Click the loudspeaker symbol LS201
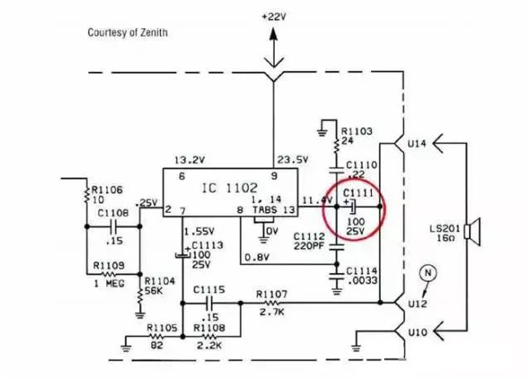click(x=472, y=232)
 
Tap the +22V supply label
click(x=274, y=16)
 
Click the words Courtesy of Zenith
click(x=128, y=32)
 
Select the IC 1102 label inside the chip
click(x=229, y=188)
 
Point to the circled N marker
click(x=428, y=273)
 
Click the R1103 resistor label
click(x=356, y=131)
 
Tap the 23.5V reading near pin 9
click(x=293, y=160)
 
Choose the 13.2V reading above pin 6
click(x=190, y=160)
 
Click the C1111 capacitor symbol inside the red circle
click(x=352, y=207)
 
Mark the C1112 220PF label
click(x=309, y=241)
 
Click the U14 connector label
click(x=417, y=144)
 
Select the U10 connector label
click(x=417, y=332)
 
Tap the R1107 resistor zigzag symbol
click(x=271, y=303)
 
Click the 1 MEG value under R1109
click(x=109, y=284)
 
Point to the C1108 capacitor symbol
click(x=113, y=227)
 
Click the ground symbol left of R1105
click(x=125, y=344)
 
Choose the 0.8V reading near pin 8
click(x=256, y=258)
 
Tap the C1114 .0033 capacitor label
click(x=362, y=275)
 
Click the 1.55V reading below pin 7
click(x=200, y=232)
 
